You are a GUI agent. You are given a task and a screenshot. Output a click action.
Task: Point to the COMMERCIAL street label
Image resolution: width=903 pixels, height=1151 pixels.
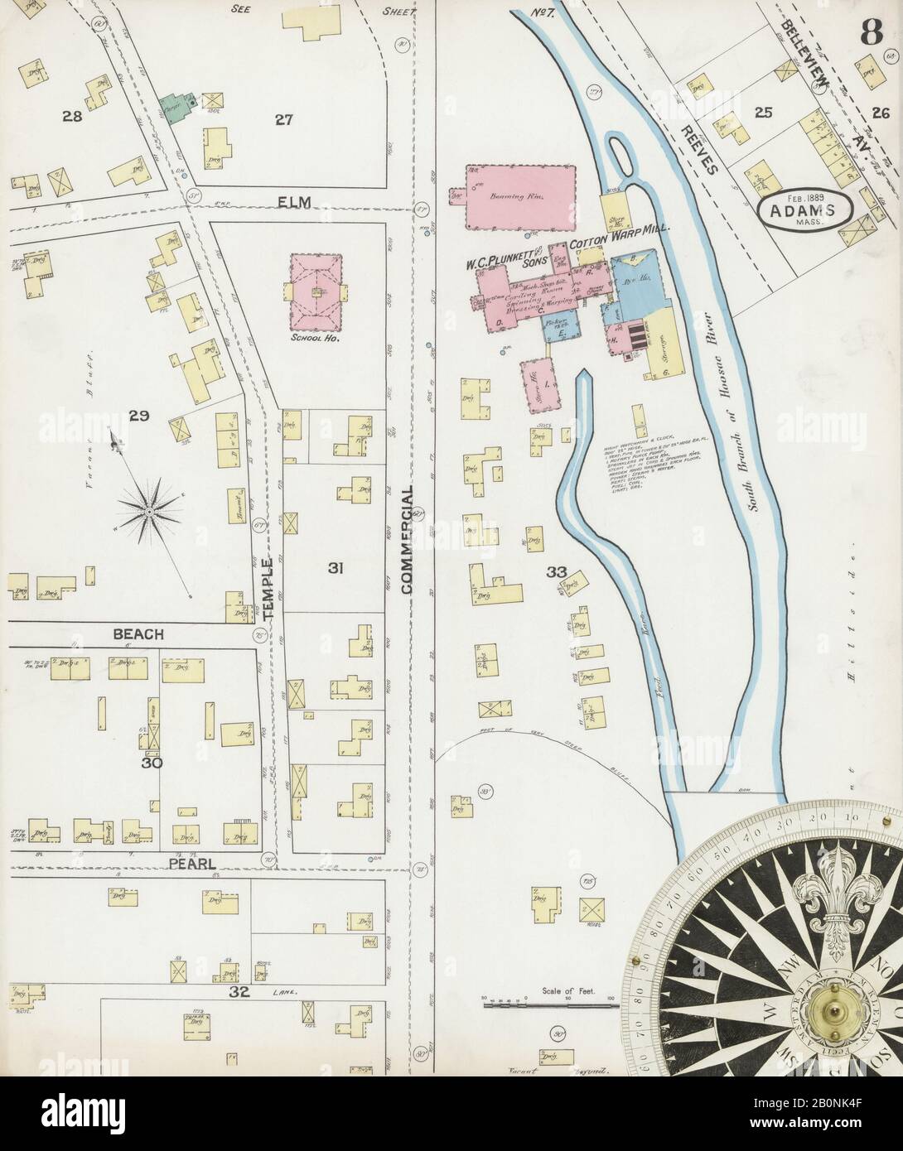[x=407, y=539]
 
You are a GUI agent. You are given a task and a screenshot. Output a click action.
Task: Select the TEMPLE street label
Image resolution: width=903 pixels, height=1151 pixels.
[x=268, y=592]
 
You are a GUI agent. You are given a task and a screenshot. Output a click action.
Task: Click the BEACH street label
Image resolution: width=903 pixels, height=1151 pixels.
[x=139, y=633]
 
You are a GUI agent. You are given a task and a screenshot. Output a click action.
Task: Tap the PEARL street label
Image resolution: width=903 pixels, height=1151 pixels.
[x=191, y=864]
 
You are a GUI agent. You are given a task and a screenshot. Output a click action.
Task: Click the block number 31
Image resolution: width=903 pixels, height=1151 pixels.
[x=335, y=568]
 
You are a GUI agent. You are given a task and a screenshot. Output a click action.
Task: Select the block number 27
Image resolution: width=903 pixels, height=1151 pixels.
[x=285, y=119]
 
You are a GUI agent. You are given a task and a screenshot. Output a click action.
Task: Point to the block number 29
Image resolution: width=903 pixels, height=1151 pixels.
[x=138, y=417]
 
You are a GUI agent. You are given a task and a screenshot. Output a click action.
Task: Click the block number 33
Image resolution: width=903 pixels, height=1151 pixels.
[x=556, y=571]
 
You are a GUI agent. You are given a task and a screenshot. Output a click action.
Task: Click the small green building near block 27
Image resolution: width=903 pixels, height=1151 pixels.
[x=174, y=108]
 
